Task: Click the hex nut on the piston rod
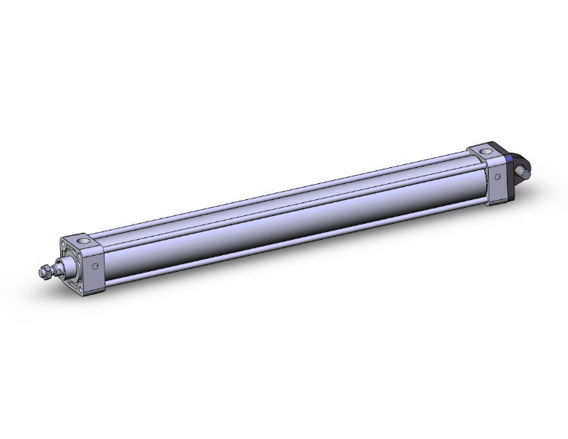tap(51, 270)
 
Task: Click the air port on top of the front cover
tap(91, 243)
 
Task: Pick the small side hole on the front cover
tap(95, 267)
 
